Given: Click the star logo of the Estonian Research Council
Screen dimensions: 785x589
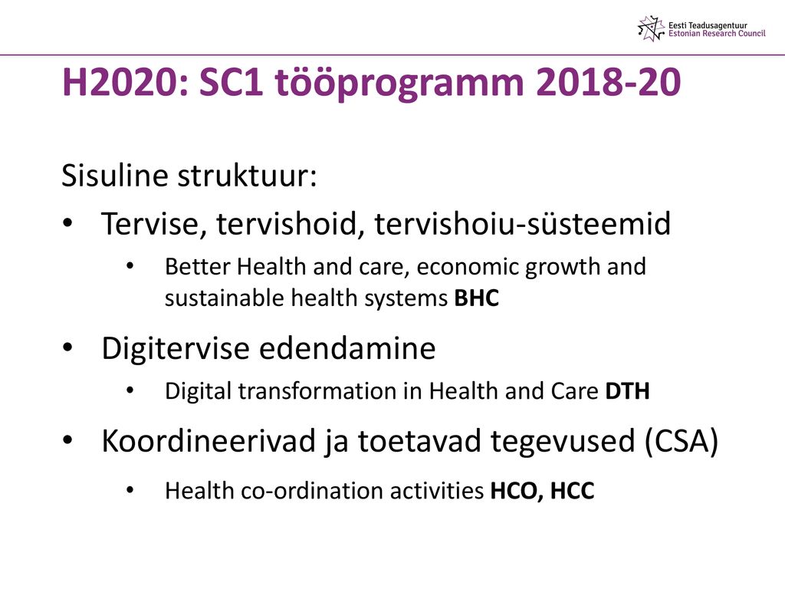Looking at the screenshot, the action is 652,28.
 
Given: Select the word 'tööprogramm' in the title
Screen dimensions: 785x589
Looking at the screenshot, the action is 399,84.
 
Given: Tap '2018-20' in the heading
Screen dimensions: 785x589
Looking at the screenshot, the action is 608,82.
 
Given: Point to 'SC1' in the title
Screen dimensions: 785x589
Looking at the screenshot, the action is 231,82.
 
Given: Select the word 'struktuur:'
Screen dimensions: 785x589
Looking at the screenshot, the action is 248,176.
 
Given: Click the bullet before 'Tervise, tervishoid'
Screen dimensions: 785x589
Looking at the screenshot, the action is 68,223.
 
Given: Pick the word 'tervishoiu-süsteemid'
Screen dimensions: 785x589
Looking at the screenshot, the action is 523,223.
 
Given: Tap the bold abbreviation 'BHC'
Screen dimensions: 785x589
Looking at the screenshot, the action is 477,298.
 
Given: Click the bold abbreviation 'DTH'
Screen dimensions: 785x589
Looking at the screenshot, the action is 627,391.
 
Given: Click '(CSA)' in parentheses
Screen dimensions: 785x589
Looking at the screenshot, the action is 682,442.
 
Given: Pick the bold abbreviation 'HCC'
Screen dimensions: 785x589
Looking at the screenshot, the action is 572,491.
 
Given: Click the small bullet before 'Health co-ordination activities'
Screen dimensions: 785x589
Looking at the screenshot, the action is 130,490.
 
